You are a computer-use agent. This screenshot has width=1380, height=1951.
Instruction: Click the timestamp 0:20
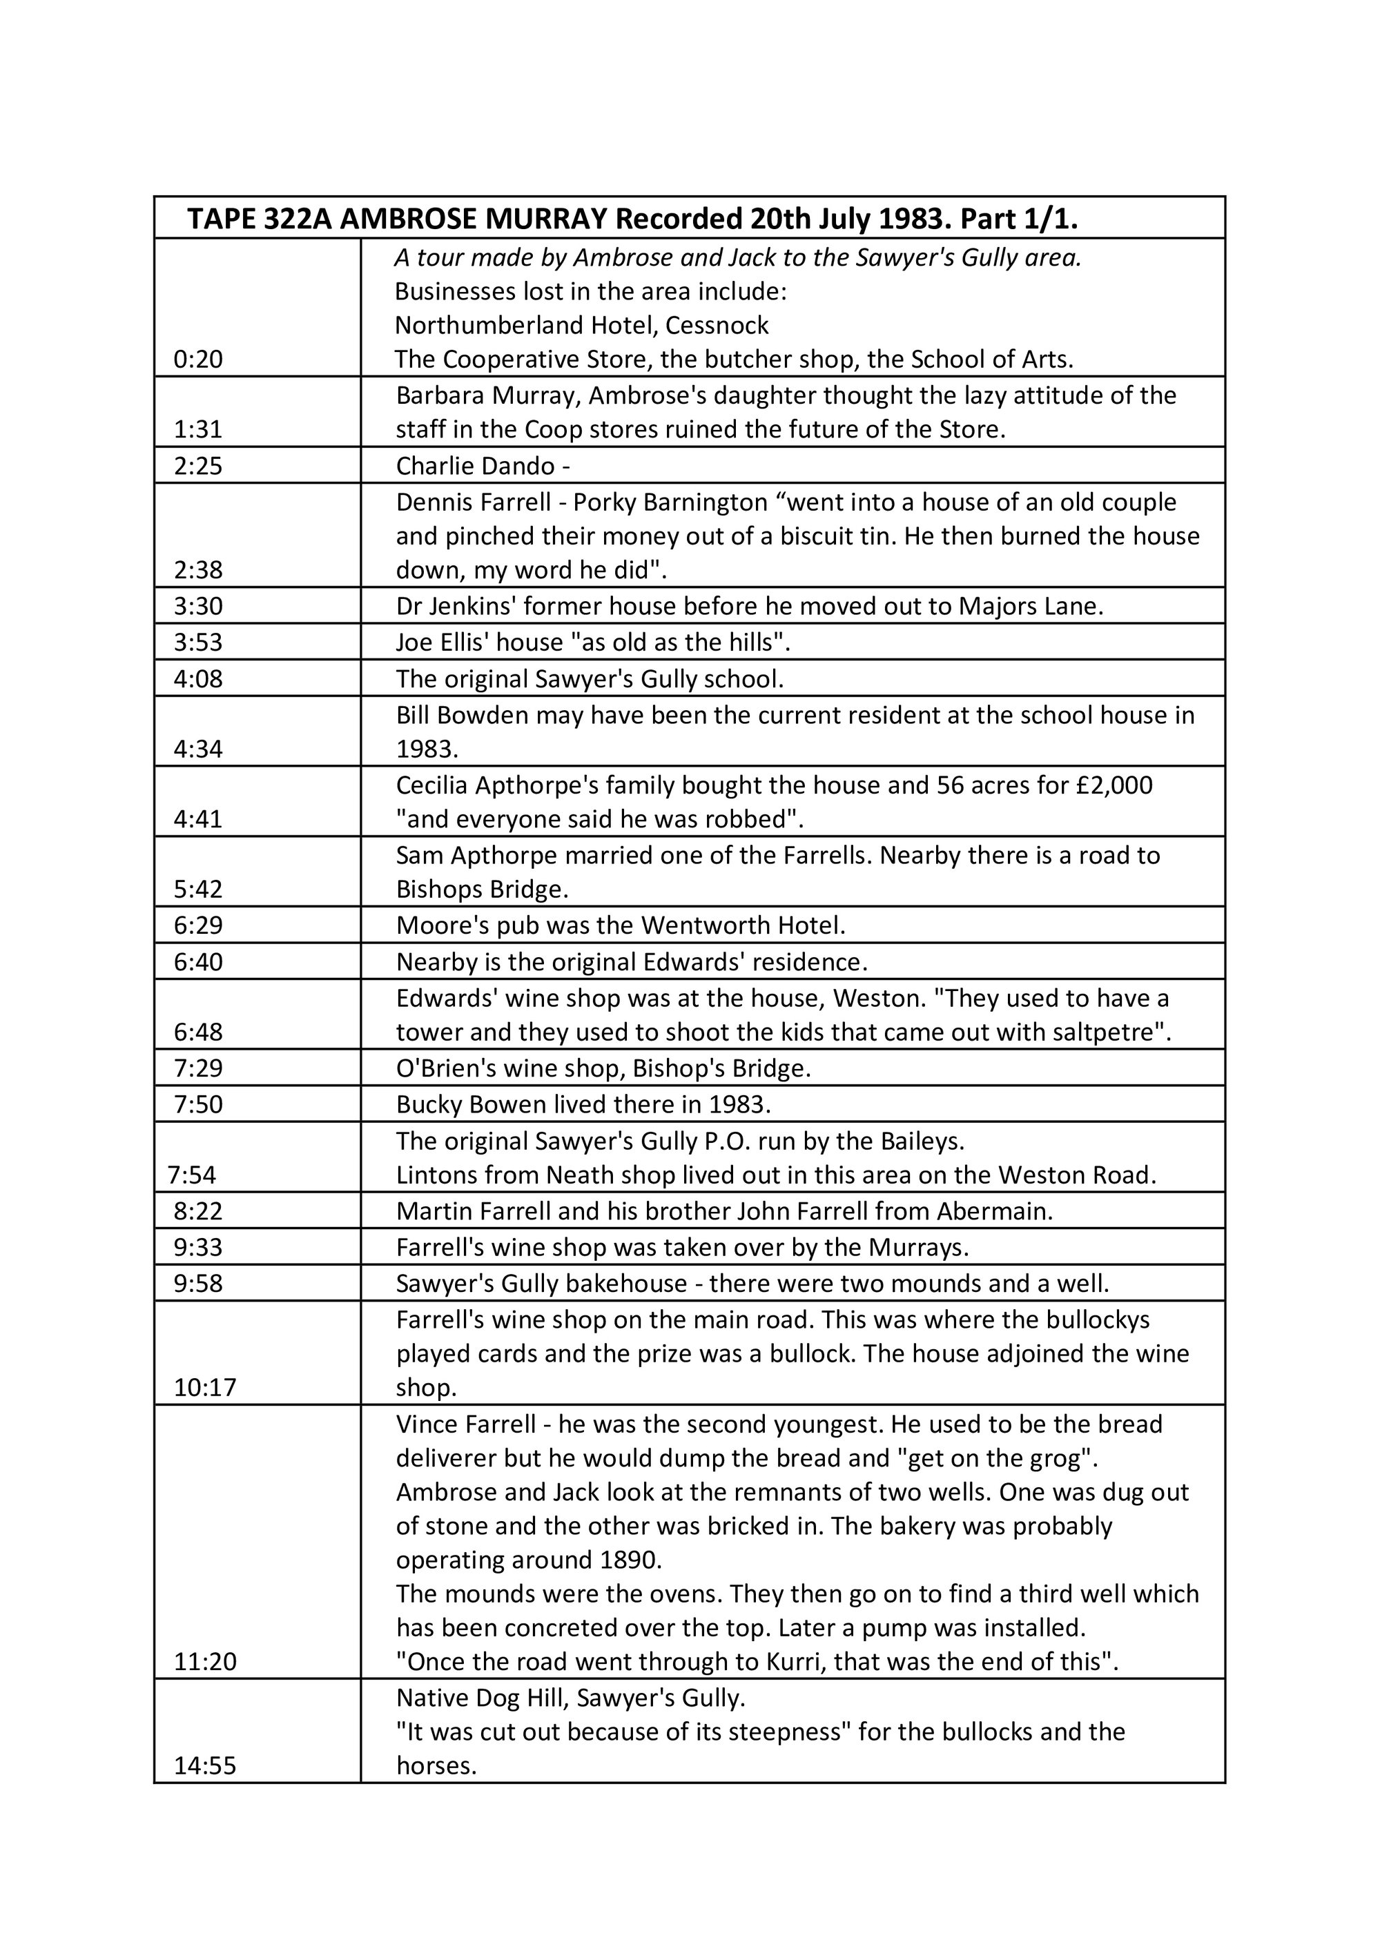tap(198, 360)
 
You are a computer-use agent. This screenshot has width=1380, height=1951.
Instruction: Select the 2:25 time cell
tap(198, 466)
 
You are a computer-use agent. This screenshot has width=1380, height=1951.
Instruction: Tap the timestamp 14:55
tap(205, 1766)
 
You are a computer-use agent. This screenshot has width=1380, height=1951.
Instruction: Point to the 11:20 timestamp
tap(205, 1661)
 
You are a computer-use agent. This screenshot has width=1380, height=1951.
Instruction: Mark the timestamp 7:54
tap(192, 1175)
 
